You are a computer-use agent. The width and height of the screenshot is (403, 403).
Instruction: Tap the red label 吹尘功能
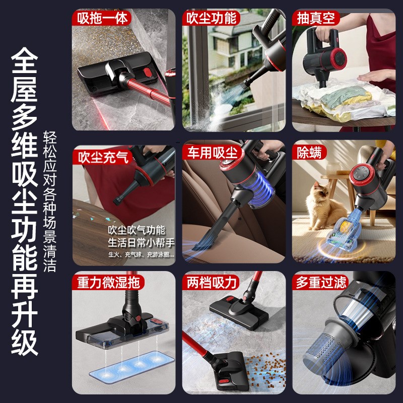[x=211, y=19]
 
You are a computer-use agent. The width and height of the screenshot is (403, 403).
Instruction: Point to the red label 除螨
[x=309, y=152]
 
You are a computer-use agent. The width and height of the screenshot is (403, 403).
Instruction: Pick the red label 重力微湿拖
[x=108, y=282]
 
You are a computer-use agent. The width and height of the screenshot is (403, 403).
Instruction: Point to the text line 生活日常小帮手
[x=141, y=242]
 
